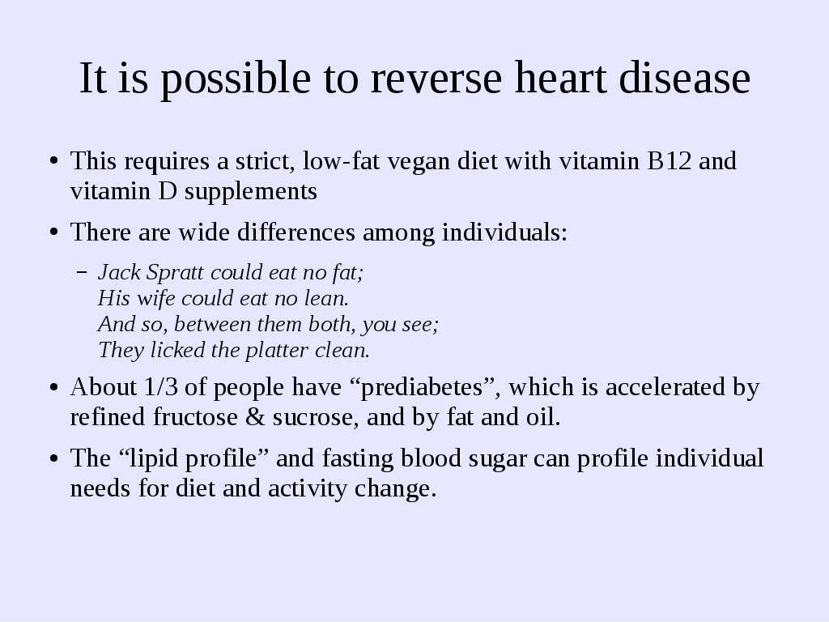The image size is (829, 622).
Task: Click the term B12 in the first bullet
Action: tap(670, 160)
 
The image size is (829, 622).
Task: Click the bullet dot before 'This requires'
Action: tap(53, 161)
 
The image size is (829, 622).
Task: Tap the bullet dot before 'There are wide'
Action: tap(53, 232)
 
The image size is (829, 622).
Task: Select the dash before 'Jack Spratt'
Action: tap(82, 273)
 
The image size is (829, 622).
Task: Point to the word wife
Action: tap(156, 298)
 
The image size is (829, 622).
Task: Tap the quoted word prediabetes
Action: tap(421, 387)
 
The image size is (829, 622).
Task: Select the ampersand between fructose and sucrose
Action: tap(255, 417)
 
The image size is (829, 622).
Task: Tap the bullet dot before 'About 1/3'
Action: tap(53, 388)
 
